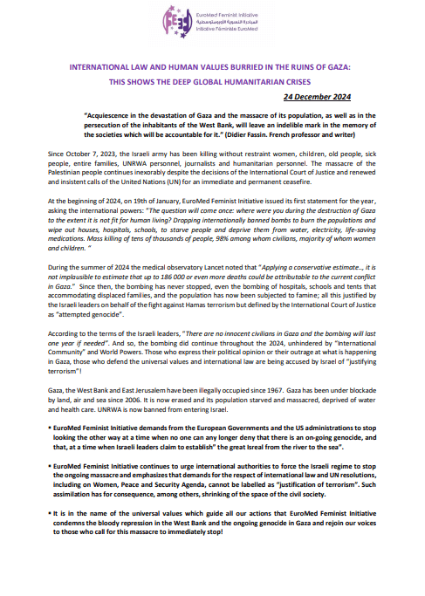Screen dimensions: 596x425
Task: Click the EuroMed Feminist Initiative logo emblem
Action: point(197,22)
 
